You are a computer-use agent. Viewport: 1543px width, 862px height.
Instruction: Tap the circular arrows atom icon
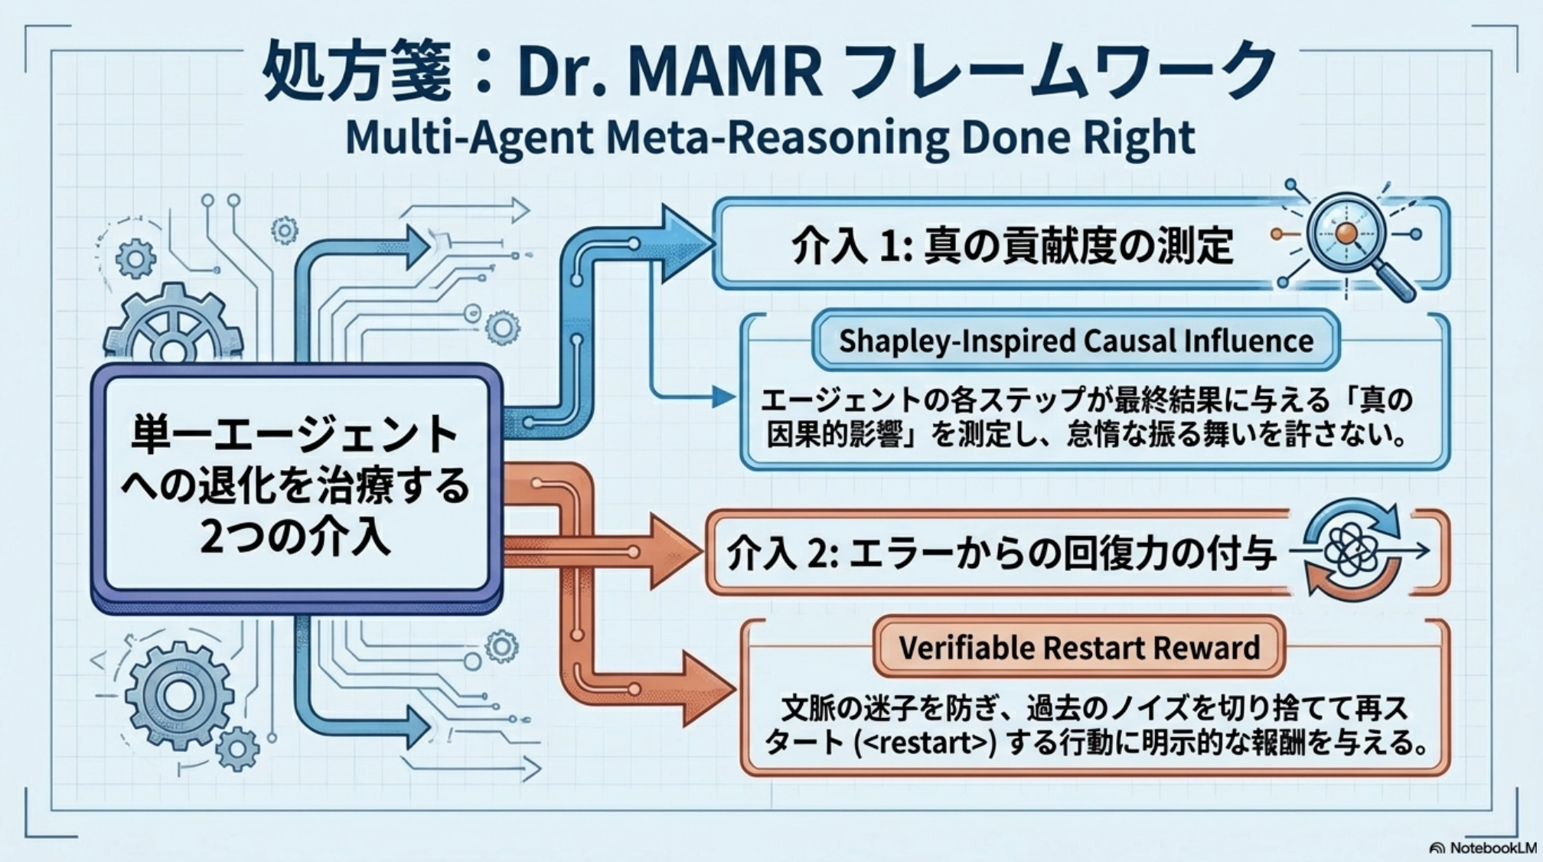1352,550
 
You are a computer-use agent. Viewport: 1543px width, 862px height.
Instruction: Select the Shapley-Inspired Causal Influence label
1075,341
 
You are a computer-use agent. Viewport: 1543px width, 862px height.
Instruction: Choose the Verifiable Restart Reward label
1078,648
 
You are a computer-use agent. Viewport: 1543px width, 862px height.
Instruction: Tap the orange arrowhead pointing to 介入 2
674,551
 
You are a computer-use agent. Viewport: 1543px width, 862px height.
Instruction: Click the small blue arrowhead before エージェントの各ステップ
723,397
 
